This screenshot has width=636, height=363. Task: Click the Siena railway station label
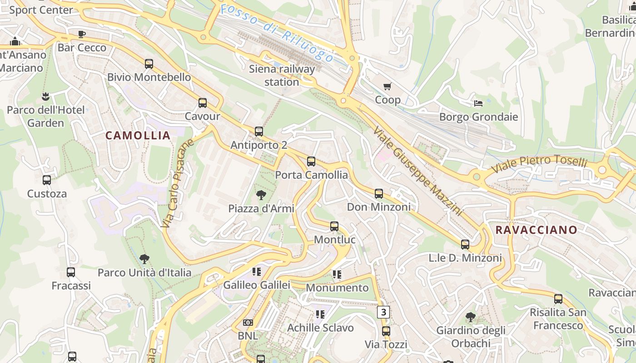pos(282,75)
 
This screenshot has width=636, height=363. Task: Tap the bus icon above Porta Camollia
pos(311,162)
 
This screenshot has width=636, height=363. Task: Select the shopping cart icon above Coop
pos(388,87)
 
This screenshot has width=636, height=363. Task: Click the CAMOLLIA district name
pos(138,135)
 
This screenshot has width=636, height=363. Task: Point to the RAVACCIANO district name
pos(536,230)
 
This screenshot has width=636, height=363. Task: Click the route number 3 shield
pos(384,312)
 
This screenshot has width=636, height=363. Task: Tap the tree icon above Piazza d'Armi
pos(261,195)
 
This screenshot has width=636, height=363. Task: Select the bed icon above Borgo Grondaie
pos(478,103)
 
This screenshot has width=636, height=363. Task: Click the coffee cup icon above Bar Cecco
pos(82,34)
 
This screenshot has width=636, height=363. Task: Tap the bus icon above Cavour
pos(203,103)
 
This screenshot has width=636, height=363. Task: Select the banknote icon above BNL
pos(248,323)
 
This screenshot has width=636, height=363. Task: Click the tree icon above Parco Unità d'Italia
pos(144,259)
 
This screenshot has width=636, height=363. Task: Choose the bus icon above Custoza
pos(47,180)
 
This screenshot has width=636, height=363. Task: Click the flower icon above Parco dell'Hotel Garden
pos(45,97)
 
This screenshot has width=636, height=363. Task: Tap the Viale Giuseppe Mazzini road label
pos(417,172)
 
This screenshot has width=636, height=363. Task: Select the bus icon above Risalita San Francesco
pos(558,299)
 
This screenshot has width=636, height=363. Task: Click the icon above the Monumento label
pos(337,274)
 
